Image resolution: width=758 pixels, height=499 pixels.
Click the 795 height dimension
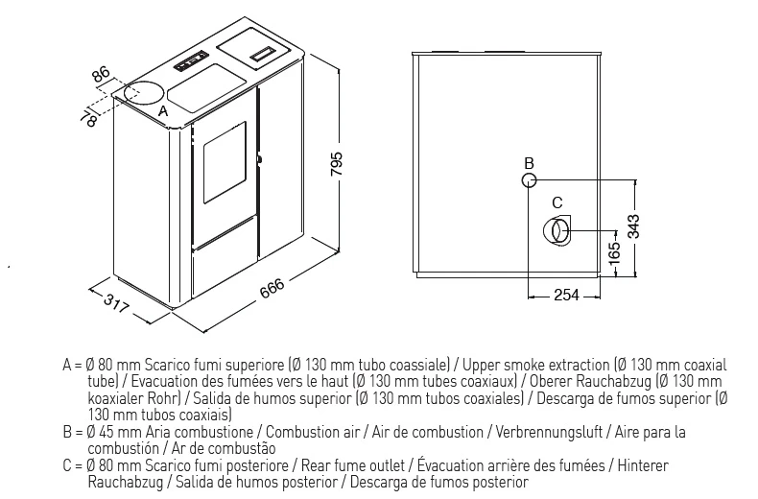(337, 164)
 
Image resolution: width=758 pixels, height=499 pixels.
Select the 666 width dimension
(272, 289)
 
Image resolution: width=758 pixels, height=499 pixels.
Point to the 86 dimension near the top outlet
(102, 74)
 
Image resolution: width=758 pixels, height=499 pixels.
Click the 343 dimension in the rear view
(633, 226)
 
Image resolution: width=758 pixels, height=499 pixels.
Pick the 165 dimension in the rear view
(613, 252)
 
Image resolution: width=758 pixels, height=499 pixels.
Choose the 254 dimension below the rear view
(566, 295)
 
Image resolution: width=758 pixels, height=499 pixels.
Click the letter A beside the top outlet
(163, 111)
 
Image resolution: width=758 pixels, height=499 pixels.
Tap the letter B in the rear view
(530, 163)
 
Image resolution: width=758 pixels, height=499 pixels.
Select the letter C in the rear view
(557, 202)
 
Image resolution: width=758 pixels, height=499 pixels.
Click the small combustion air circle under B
(530, 180)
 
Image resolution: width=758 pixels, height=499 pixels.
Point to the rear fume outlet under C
(557, 231)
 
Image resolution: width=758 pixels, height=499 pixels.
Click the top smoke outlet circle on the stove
(143, 92)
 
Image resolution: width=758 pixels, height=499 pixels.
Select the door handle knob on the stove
(260, 158)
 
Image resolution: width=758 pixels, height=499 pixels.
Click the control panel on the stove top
(192, 60)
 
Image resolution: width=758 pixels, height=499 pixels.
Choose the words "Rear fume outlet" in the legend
(353, 465)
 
